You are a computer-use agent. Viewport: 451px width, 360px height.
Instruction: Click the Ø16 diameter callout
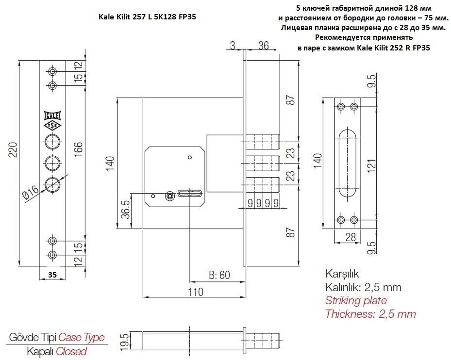[x=31, y=193]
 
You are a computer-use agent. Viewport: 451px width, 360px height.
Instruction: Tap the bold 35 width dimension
[x=52, y=274]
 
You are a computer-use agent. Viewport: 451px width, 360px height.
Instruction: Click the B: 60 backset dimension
[x=219, y=276]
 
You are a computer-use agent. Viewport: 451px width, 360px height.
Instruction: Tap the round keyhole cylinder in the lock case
[x=169, y=196]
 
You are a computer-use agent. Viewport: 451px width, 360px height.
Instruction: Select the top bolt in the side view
[x=263, y=141]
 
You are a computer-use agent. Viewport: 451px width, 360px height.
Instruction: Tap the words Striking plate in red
[x=356, y=300]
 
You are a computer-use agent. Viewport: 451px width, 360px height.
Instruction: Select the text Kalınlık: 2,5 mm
[x=363, y=287]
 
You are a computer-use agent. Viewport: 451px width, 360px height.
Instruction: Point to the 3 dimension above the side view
[x=233, y=46]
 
